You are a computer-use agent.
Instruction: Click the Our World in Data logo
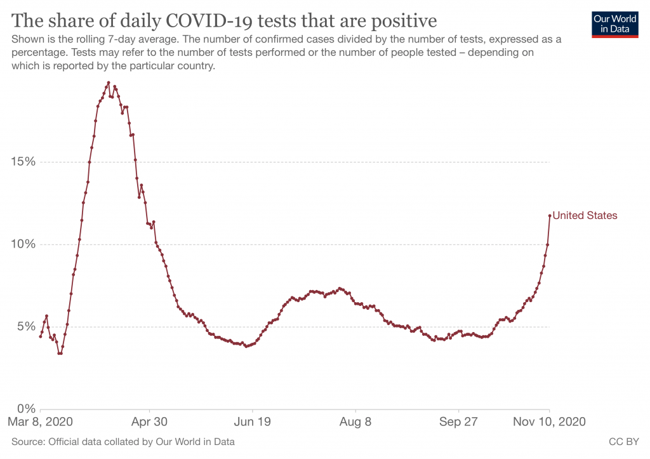[x=614, y=24]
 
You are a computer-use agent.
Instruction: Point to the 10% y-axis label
[x=24, y=244]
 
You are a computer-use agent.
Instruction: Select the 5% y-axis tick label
[x=27, y=327]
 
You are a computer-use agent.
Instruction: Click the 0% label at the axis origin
[x=27, y=409]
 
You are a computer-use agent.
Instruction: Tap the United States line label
[x=585, y=216]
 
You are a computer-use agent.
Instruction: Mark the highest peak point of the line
[x=109, y=83]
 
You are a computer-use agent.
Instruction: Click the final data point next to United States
[x=550, y=216]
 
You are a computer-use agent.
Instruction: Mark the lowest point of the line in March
[x=60, y=353]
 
